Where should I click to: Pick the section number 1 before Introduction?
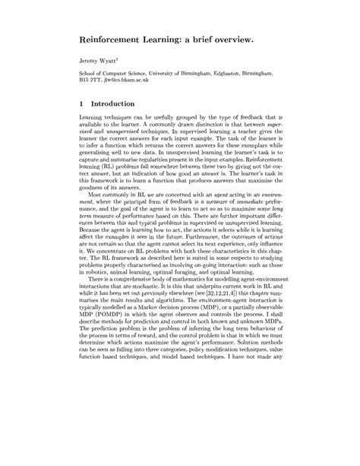pyautogui.click(x=81, y=103)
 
